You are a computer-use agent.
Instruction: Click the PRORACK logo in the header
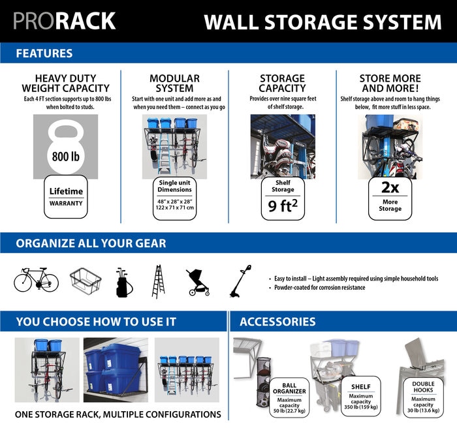click(64, 21)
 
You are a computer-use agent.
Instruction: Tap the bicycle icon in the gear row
click(36, 281)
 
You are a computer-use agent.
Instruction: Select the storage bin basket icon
click(85, 281)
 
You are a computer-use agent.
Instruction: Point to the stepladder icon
click(157, 281)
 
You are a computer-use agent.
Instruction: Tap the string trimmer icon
click(240, 281)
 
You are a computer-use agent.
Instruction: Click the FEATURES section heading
click(44, 53)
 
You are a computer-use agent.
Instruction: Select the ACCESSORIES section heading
click(277, 321)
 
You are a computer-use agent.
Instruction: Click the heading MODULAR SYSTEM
click(174, 83)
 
